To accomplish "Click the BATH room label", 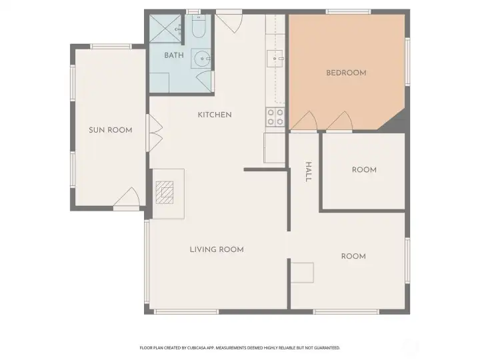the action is [x=174, y=55].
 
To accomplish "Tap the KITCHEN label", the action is [x=215, y=115].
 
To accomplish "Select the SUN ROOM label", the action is [x=111, y=130].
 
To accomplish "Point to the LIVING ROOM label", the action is [x=217, y=249].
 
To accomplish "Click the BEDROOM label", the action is [x=346, y=73].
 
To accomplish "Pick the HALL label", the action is [x=308, y=172].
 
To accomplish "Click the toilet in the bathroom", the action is [x=199, y=26].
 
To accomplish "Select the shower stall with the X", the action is [x=165, y=29].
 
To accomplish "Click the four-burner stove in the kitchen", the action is [x=275, y=117].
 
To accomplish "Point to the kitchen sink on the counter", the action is [x=275, y=59].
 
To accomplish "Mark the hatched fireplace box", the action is [x=165, y=193].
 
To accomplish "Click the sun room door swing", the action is [x=127, y=197].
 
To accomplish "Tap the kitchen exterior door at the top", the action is [x=229, y=21].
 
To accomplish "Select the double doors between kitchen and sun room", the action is [x=154, y=133].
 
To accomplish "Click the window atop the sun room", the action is [x=111, y=47].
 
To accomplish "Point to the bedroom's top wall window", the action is [x=349, y=12].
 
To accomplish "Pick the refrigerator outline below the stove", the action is [x=275, y=148].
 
